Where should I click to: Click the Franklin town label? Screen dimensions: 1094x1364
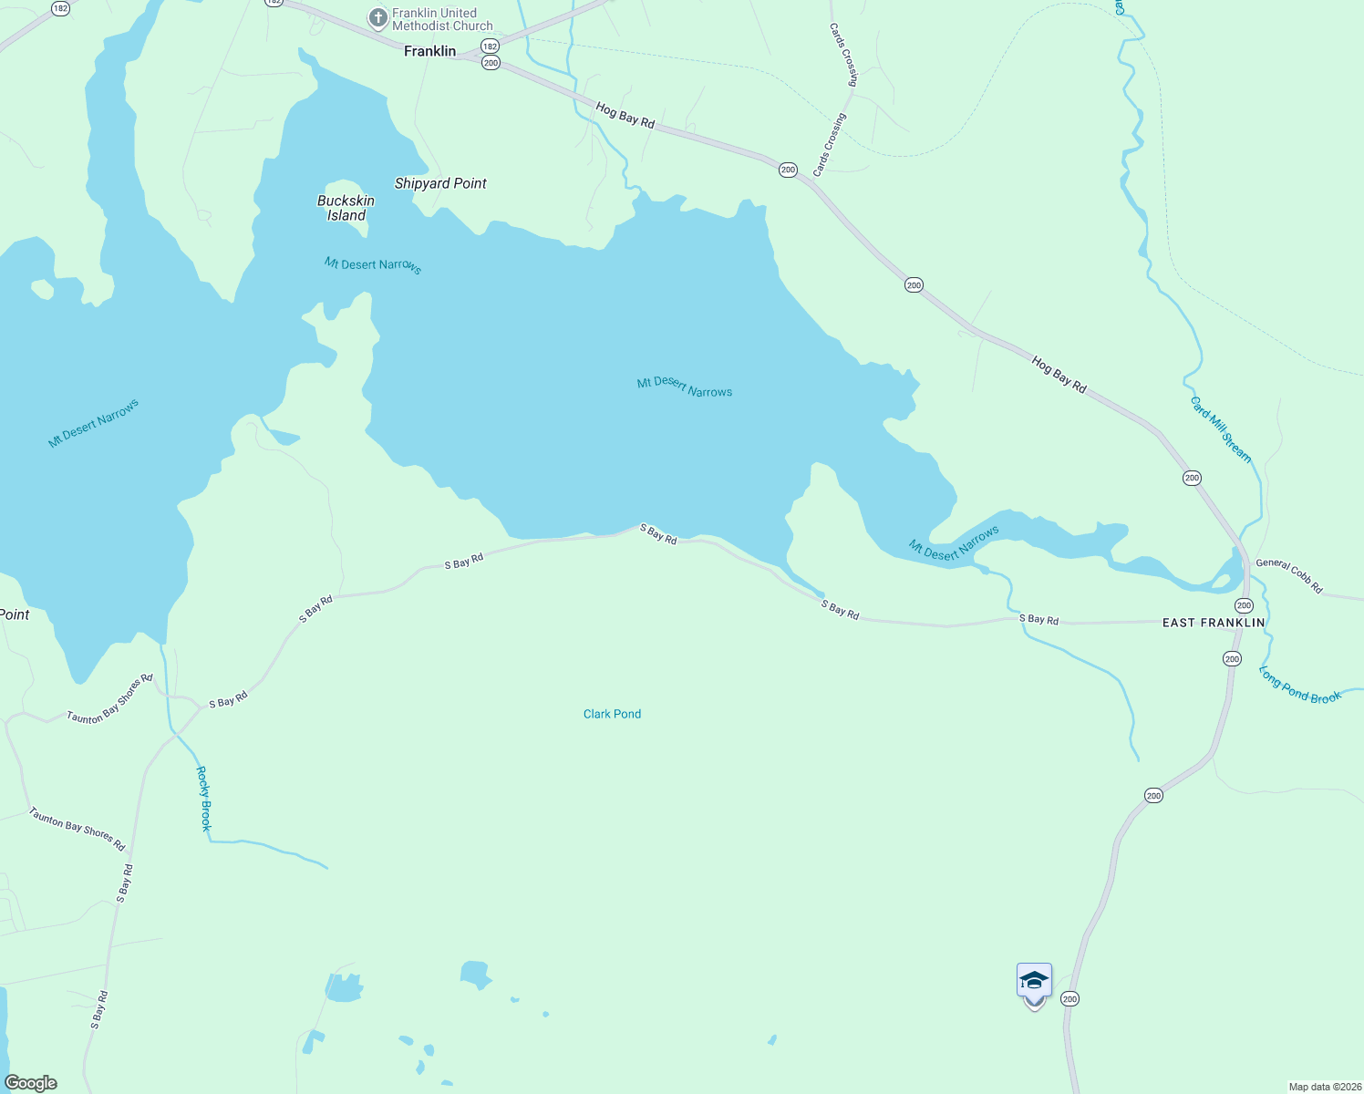[429, 51]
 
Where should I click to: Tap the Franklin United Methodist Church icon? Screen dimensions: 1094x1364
[377, 18]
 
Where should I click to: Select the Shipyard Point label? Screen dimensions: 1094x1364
[440, 183]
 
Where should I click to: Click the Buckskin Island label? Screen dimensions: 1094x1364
[346, 208]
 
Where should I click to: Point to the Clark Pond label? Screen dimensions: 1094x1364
[612, 714]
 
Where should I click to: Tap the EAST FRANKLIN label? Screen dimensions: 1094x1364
[1214, 623]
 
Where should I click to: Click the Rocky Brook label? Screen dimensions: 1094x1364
[204, 798]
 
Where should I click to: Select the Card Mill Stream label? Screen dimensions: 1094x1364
[1221, 429]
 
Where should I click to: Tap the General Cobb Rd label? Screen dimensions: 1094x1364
[1288, 575]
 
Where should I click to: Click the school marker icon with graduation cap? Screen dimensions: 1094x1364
[1034, 982]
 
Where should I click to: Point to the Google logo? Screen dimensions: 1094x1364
[31, 1083]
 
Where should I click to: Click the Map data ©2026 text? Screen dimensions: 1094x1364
[1323, 1087]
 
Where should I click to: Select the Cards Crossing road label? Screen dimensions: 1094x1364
[829, 145]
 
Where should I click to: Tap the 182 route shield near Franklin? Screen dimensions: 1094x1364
[491, 46]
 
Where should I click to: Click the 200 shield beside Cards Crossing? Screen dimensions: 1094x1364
[788, 170]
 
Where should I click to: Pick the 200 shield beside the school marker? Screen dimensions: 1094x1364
[1069, 999]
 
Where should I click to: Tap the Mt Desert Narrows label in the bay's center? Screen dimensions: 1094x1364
[685, 387]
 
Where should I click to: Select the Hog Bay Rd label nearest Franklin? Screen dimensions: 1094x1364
[625, 115]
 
